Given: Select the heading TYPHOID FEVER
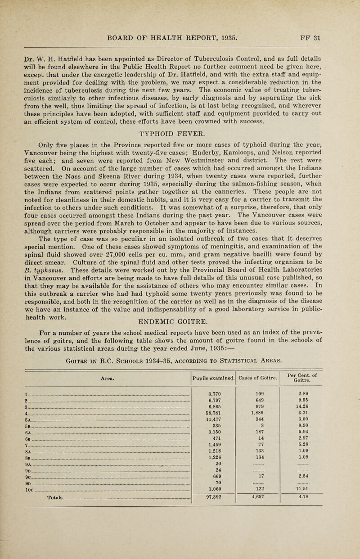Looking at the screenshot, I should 180,145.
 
